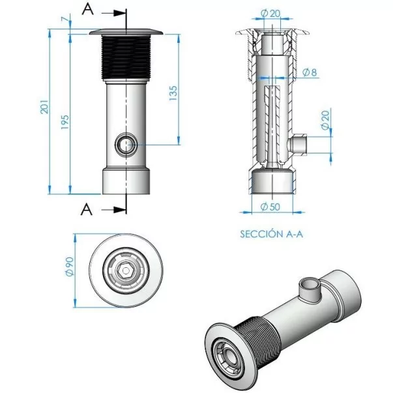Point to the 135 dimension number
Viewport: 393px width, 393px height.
click(173, 95)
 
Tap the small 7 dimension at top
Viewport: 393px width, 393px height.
click(63, 21)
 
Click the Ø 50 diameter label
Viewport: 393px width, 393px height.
click(269, 207)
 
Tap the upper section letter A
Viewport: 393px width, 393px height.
click(86, 9)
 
